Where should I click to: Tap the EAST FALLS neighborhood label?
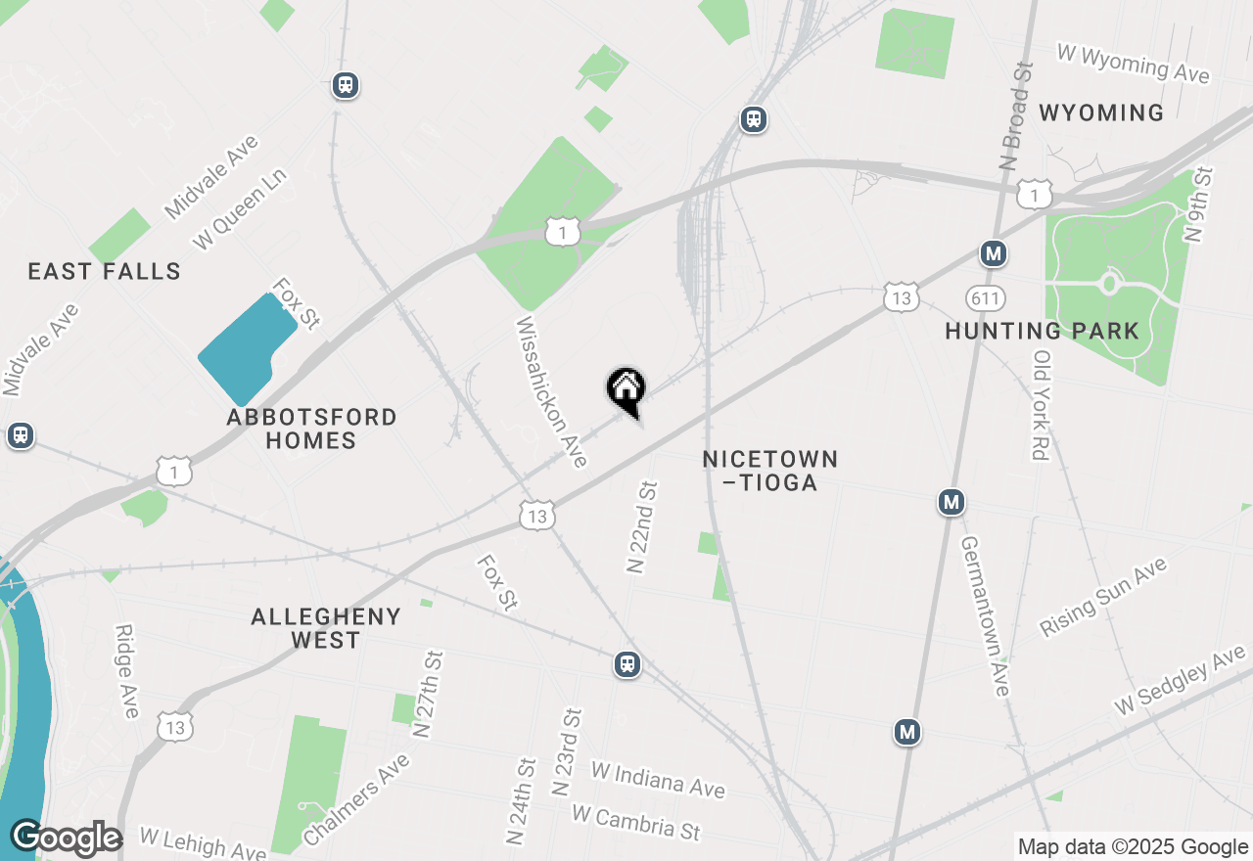105,271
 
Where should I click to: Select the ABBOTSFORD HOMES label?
311,429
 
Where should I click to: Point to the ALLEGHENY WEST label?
326,628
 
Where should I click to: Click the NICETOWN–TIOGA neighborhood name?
770,471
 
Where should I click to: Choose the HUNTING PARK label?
1042,331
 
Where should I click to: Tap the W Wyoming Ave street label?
1134,64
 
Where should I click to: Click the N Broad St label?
1017,116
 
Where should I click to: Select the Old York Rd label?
1040,404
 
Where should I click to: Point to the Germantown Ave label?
985,615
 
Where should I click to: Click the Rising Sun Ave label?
1103,597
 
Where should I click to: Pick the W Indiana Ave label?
658,778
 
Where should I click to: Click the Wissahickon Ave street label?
551,390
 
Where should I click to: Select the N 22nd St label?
641,526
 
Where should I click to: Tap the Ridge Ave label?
127,671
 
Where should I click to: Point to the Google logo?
66,838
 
